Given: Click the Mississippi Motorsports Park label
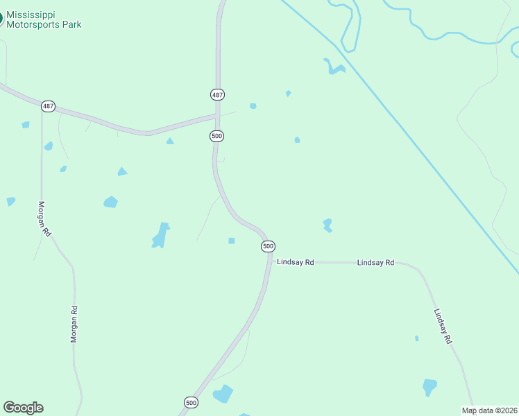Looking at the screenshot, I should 44,19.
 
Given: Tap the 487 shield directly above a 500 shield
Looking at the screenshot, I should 217,94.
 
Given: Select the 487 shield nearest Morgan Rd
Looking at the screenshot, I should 47,106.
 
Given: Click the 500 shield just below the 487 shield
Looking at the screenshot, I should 216,136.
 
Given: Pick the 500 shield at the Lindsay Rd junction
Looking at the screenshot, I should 268,246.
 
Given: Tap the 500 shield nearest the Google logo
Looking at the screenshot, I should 191,402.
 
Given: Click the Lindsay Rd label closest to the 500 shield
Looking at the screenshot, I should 296,262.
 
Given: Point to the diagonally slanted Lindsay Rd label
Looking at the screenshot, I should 443,326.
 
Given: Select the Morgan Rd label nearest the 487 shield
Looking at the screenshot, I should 44,219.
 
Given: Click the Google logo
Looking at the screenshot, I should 23,408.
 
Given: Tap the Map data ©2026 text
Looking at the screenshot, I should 489,410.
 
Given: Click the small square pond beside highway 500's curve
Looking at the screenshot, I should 232,241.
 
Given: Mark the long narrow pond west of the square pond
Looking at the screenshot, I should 160,235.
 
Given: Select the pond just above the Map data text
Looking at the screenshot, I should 429,387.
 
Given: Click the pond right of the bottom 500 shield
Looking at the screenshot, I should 223,394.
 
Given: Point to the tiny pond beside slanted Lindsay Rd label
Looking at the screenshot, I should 416,338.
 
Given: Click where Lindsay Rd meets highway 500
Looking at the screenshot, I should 269,261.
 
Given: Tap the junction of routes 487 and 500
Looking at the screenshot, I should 217,115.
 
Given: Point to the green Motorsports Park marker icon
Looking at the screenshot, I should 1,19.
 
